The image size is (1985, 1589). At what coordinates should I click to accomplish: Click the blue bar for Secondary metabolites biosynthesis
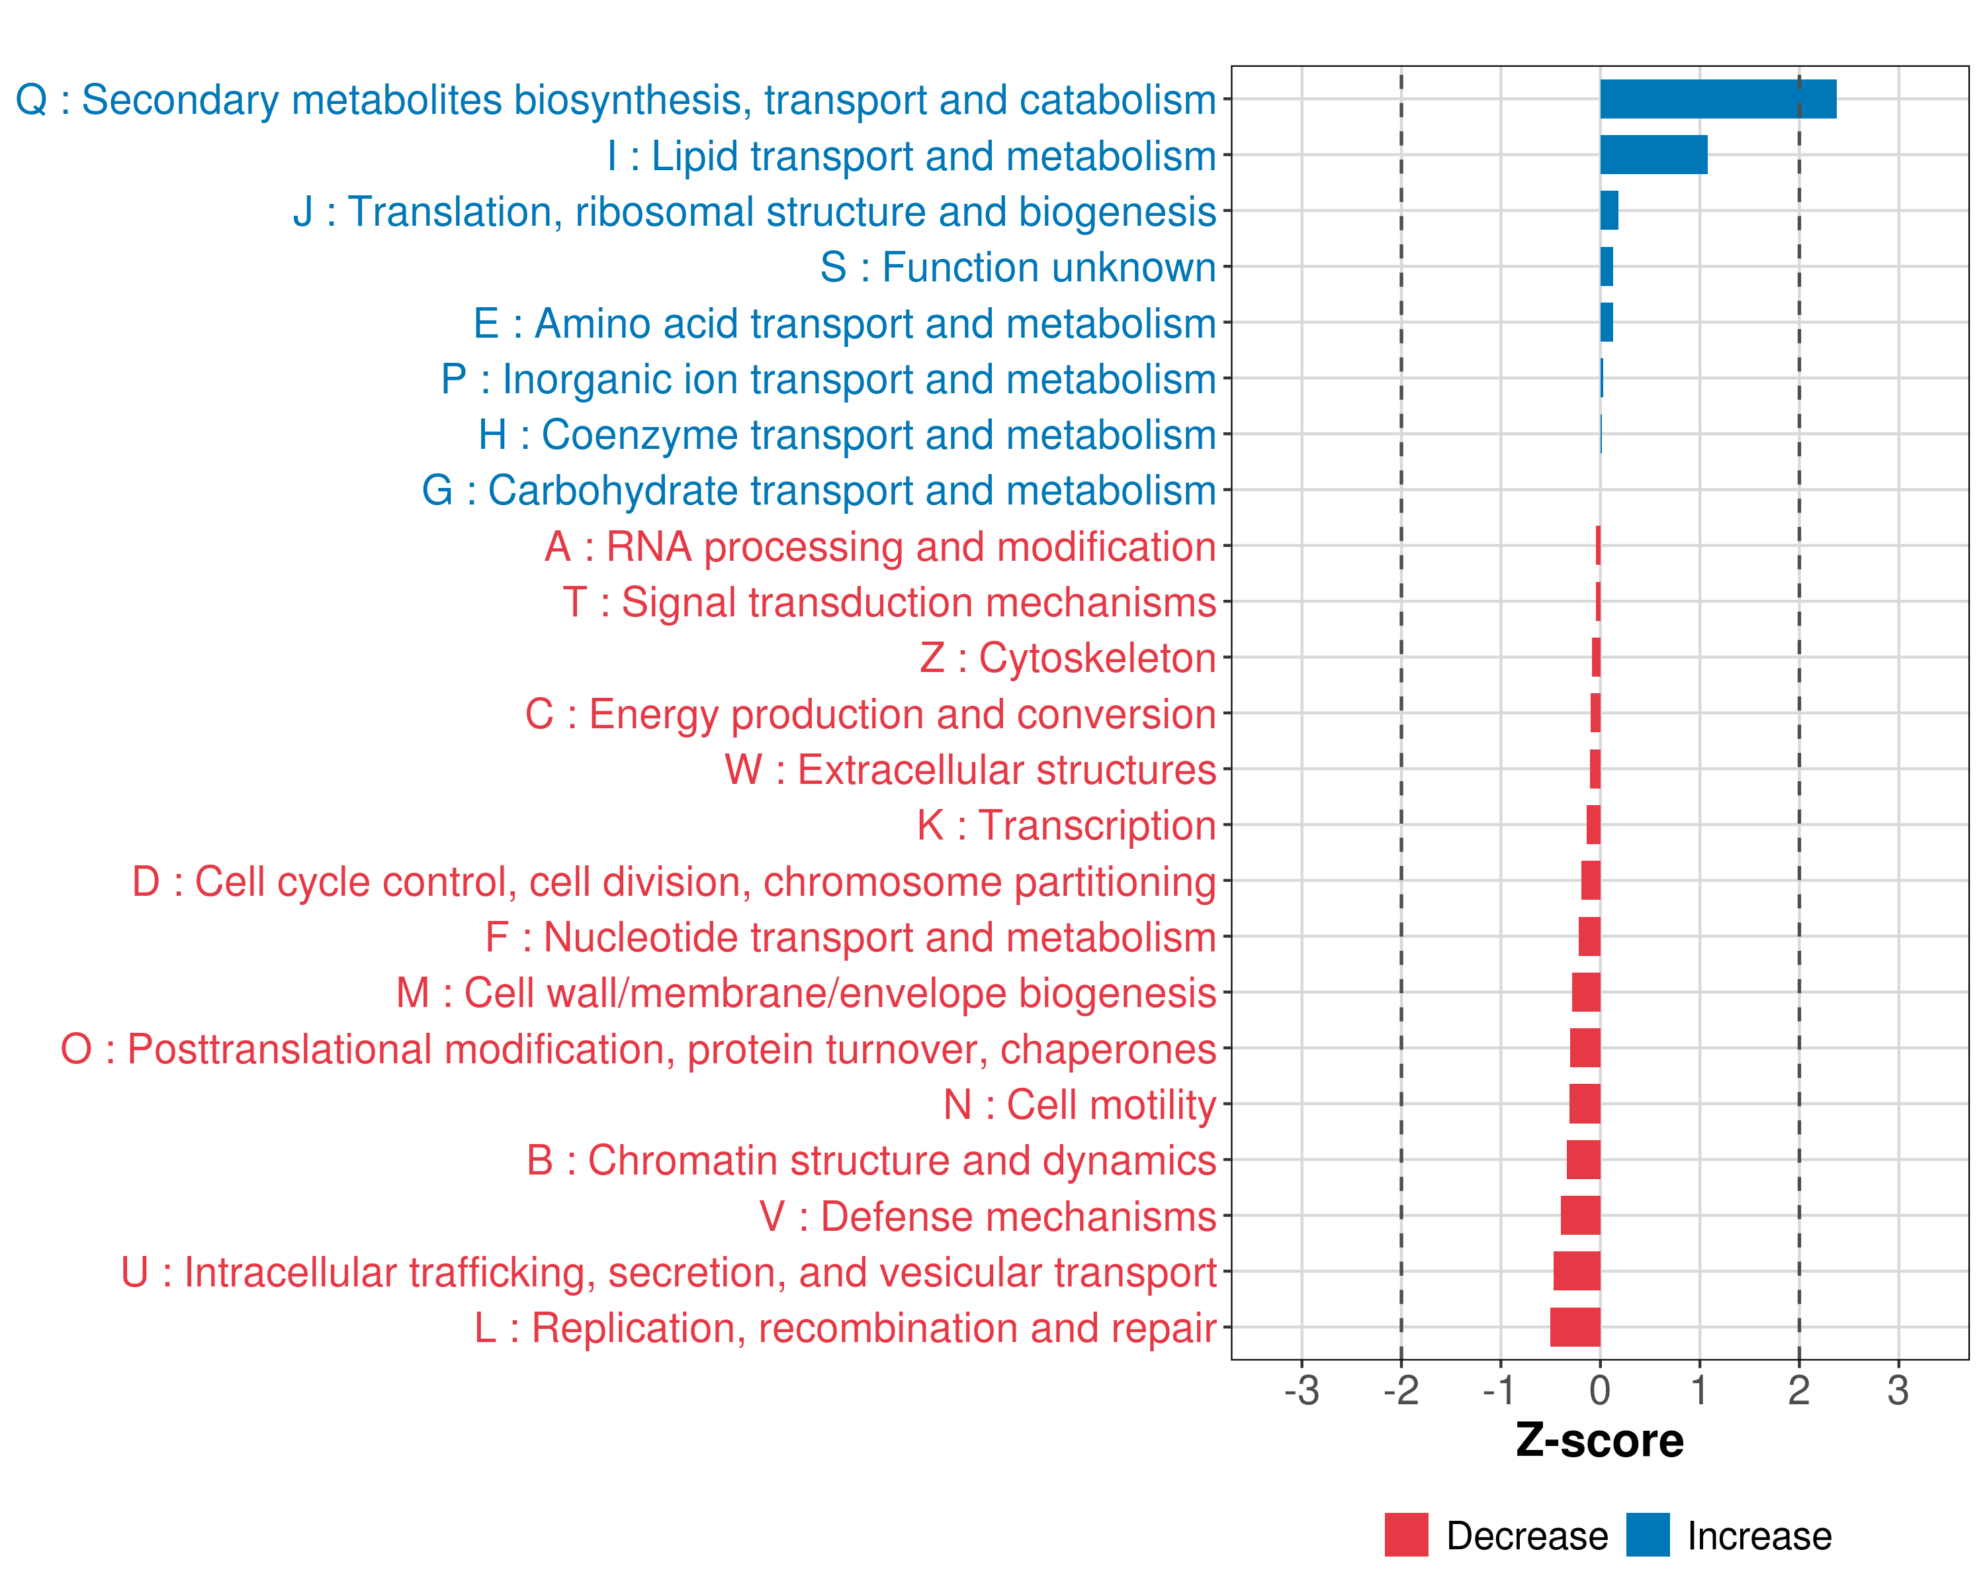pos(1717,99)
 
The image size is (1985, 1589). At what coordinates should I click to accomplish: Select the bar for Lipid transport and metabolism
pos(1653,155)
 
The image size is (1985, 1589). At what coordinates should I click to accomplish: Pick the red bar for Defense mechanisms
pos(1580,1216)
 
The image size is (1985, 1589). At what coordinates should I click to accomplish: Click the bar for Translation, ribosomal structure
pos(1609,211)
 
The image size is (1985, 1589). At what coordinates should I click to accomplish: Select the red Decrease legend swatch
pos(1406,1535)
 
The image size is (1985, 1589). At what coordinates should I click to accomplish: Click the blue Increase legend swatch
pos(1647,1535)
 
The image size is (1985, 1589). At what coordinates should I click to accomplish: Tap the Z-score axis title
pos(1599,1441)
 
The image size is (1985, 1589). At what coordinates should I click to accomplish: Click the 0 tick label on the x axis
pos(1599,1390)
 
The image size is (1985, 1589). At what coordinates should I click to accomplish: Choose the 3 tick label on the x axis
pos(1898,1390)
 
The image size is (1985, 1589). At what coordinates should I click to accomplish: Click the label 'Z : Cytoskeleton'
pos(1068,657)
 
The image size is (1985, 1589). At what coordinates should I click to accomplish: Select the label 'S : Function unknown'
pos(1018,267)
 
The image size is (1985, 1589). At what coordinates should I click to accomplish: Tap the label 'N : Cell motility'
pos(1080,1104)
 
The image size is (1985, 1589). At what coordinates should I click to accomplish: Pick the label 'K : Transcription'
pos(1066,826)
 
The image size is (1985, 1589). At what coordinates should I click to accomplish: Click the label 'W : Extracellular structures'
pos(971,769)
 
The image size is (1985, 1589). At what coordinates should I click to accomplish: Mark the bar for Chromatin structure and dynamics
pos(1583,1160)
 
